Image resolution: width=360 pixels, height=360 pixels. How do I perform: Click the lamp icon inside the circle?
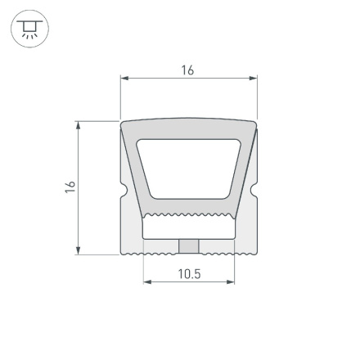[29, 29]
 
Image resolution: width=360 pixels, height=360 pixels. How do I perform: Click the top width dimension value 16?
[187, 70]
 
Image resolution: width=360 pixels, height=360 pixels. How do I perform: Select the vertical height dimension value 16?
[71, 187]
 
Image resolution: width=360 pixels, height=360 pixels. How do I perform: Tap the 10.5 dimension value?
[189, 274]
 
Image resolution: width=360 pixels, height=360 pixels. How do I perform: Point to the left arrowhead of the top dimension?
[124, 79]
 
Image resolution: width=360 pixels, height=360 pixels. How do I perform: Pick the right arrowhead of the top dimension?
[254, 79]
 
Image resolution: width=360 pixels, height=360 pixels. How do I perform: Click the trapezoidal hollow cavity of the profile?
[189, 168]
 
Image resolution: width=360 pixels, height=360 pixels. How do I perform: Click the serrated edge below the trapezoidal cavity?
[189, 216]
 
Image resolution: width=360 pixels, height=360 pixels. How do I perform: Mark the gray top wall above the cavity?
[189, 129]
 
